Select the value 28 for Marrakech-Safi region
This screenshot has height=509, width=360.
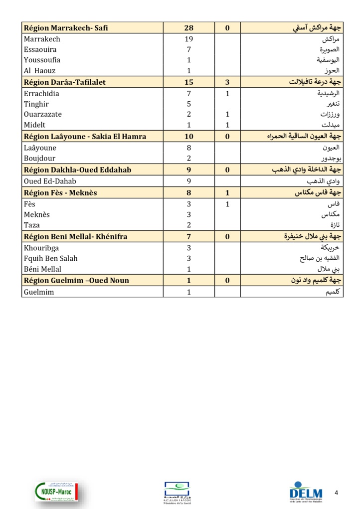click(x=188, y=28)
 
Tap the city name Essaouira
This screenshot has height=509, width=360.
click(x=40, y=49)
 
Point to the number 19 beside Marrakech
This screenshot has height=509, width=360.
click(x=188, y=39)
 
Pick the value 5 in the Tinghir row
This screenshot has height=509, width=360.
click(x=189, y=104)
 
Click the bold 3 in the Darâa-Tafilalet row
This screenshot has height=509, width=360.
click(x=227, y=82)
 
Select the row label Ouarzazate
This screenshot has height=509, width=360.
click(x=43, y=114)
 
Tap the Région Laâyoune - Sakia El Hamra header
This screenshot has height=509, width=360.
click(x=85, y=136)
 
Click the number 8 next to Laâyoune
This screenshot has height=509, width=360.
click(x=189, y=148)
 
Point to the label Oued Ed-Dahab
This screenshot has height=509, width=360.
click(x=50, y=181)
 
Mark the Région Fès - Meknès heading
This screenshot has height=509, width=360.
click(x=60, y=193)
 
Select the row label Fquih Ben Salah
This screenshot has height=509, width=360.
click(x=50, y=258)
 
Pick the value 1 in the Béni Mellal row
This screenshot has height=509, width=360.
click(x=189, y=269)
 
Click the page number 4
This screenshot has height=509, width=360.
click(x=336, y=493)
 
